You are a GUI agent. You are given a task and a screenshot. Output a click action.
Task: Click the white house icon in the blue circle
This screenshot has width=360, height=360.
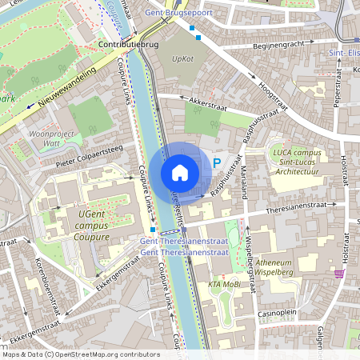tap(179, 172)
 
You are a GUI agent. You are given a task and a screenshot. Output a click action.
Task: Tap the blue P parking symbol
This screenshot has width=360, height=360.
tap(217, 162)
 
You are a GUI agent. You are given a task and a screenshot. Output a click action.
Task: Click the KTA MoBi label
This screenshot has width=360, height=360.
tap(224, 285)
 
